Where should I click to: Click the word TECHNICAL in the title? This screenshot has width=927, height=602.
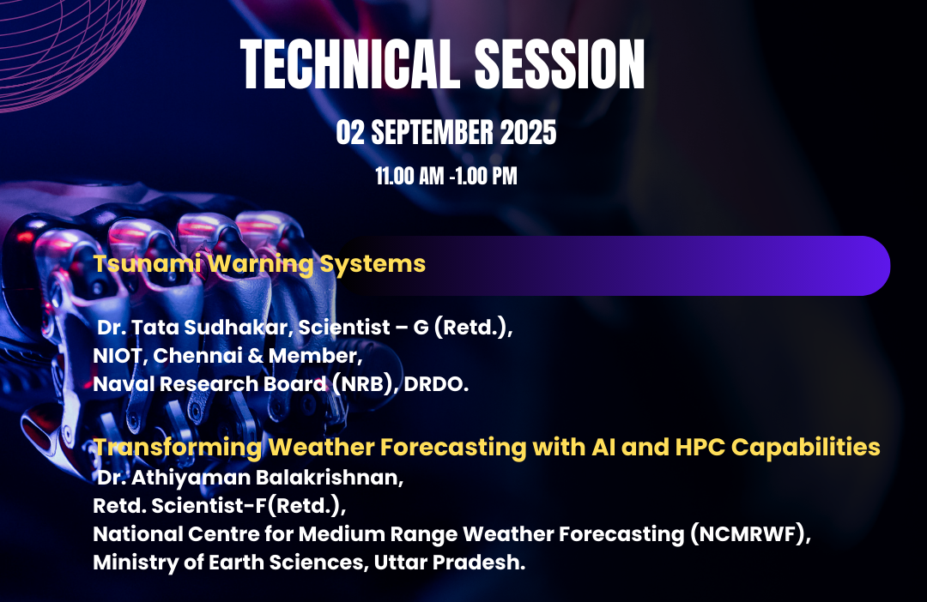pyautogui.click(x=349, y=64)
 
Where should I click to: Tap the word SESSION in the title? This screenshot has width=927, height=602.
pyautogui.click(x=560, y=64)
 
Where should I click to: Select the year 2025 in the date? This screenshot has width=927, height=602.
pyautogui.click(x=528, y=132)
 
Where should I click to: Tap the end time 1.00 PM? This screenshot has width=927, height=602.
pyautogui.click(x=487, y=176)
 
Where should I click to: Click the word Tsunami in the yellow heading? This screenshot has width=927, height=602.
pyautogui.click(x=147, y=263)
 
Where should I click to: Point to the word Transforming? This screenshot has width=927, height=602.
pyautogui.click(x=178, y=448)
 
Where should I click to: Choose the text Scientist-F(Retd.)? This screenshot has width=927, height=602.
pyautogui.click(x=249, y=506)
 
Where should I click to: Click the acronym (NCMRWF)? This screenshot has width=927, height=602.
pyautogui.click(x=749, y=534)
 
